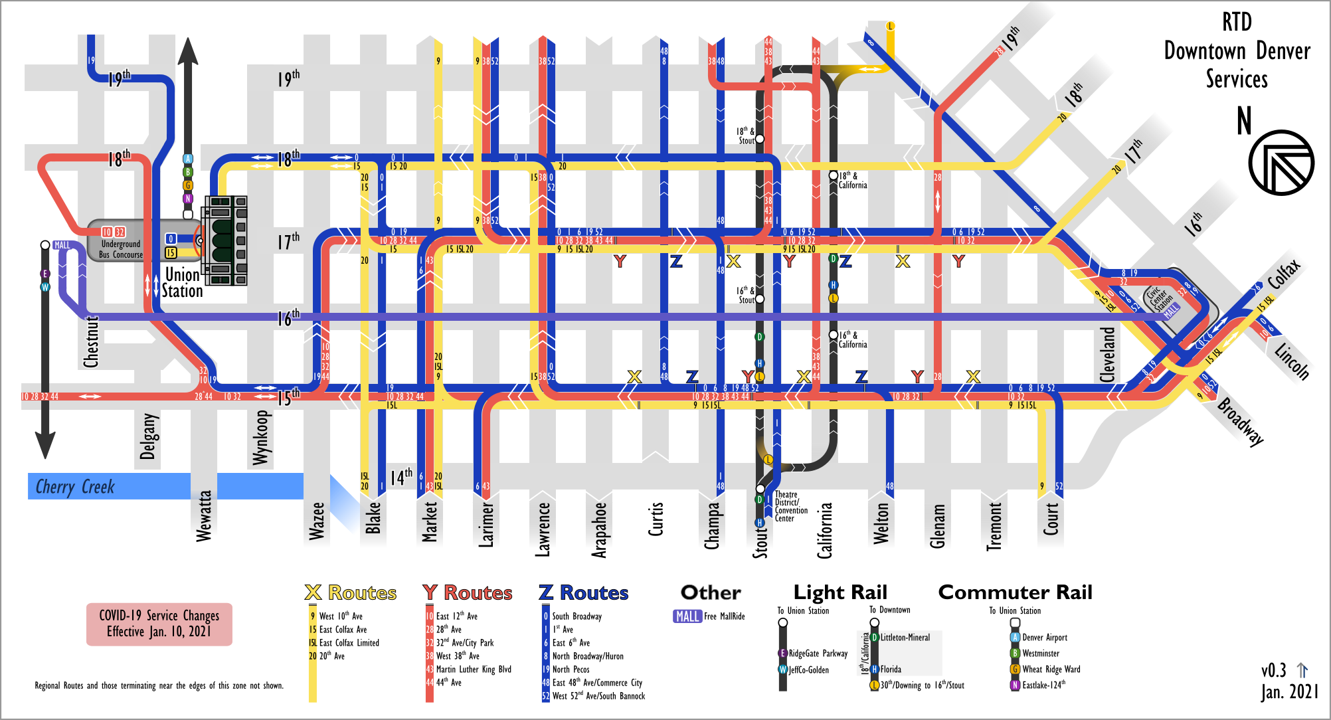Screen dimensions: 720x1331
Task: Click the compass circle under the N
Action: pyautogui.click(x=1281, y=163)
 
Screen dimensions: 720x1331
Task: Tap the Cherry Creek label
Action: pyautogui.click(x=75, y=487)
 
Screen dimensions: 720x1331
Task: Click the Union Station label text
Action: pyautogui.click(x=183, y=283)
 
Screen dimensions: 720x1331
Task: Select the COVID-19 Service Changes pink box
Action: pyautogui.click(x=159, y=624)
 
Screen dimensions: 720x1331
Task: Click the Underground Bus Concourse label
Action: pyautogui.click(x=121, y=249)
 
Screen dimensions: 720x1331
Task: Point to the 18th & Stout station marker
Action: pyautogui.click(x=760, y=139)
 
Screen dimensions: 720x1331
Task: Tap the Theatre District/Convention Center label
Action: pyautogui.click(x=791, y=506)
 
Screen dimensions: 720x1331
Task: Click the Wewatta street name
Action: pyautogui.click(x=204, y=516)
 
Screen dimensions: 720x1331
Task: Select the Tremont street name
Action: pyautogui.click(x=994, y=526)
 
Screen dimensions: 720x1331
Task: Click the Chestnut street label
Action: pyautogui.click(x=91, y=341)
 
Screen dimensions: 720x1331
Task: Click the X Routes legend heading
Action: pyautogui.click(x=351, y=592)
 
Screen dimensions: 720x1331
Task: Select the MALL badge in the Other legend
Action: pyautogui.click(x=687, y=616)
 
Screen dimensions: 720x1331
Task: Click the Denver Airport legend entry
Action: pyautogui.click(x=1044, y=638)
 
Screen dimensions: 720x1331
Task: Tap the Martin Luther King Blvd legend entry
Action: pyautogui.click(x=473, y=670)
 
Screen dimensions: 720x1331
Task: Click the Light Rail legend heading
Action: pyautogui.click(x=840, y=592)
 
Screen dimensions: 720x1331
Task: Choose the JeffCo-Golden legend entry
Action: pyautogui.click(x=808, y=670)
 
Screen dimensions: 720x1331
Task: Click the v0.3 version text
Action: pyautogui.click(x=1274, y=670)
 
